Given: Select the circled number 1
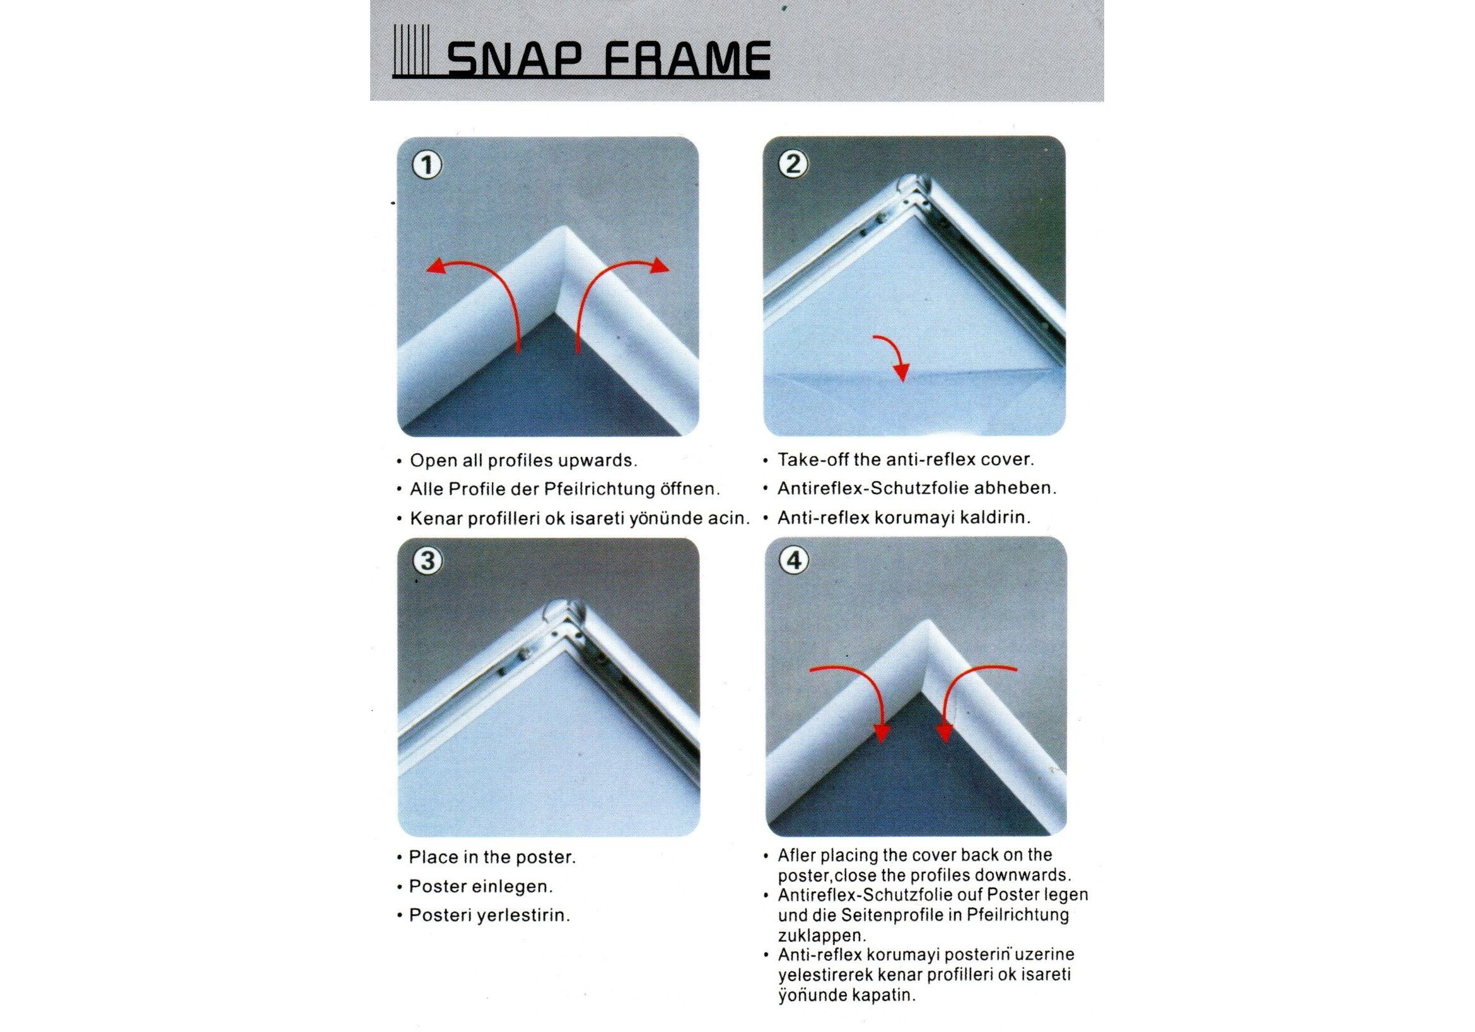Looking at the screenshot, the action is pyautogui.click(x=427, y=166).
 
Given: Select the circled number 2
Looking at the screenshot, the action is pyautogui.click(x=794, y=165).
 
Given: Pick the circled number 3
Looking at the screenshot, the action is pyautogui.click(x=427, y=561).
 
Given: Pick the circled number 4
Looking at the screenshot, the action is pyautogui.click(x=794, y=560).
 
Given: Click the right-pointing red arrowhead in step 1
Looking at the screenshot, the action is pyautogui.click(x=659, y=265).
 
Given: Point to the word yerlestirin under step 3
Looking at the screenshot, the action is pyautogui.click(x=522, y=917).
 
